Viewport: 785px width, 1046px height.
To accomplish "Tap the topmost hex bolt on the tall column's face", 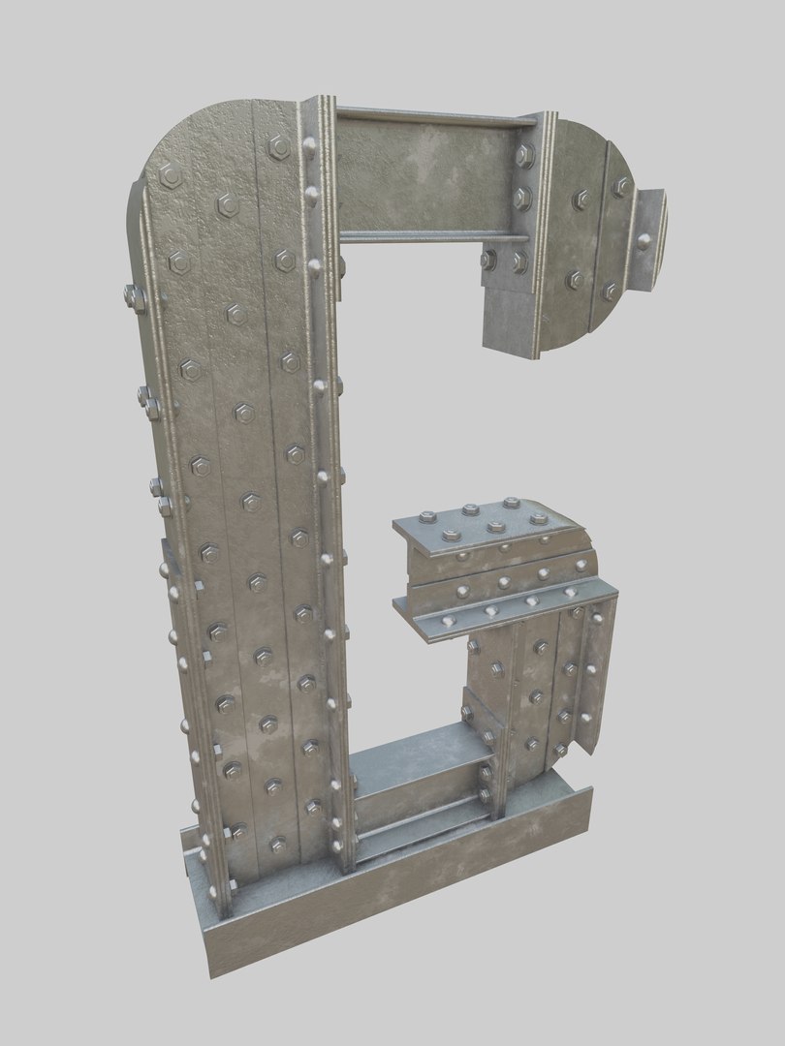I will (279, 146).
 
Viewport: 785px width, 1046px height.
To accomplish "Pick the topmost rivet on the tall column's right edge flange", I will (310, 147).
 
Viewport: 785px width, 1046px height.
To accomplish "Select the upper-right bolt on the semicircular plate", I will (621, 186).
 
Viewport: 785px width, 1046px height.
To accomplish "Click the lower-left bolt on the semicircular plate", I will (576, 280).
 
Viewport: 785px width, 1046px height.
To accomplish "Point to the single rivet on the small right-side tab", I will (644, 241).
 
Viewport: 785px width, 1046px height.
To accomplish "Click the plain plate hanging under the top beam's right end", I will (509, 315).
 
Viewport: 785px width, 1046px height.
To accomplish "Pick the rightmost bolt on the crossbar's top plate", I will (539, 519).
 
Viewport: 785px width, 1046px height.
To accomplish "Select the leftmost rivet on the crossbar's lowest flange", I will (447, 618).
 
